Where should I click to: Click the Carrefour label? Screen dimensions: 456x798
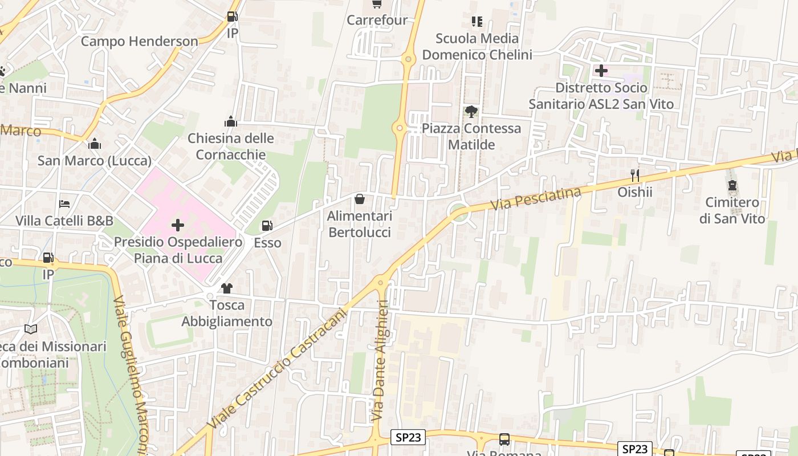pyautogui.click(x=377, y=20)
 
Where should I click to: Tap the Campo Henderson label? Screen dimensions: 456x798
pyautogui.click(x=139, y=41)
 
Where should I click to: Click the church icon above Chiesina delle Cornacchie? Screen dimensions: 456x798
pyautogui.click(x=231, y=121)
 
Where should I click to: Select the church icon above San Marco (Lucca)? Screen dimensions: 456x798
pyautogui.click(x=95, y=144)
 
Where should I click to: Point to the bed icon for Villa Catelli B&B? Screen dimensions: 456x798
pyautogui.click(x=64, y=203)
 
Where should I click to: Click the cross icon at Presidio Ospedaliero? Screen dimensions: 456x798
pyautogui.click(x=178, y=225)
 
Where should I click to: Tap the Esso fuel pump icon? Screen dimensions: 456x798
pyautogui.click(x=267, y=226)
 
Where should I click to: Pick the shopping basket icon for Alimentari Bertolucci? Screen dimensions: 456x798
pyautogui.click(x=360, y=199)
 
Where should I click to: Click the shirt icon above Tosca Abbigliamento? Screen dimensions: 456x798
pyautogui.click(x=227, y=288)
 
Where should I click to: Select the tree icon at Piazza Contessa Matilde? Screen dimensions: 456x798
pyautogui.click(x=471, y=112)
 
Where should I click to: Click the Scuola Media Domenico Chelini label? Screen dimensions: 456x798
pyautogui.click(x=477, y=47)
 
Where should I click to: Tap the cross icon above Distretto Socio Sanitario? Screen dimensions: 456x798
pyautogui.click(x=601, y=71)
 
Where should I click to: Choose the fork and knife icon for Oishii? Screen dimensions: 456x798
pyautogui.click(x=634, y=175)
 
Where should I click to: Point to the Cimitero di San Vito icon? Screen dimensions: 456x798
pyautogui.click(x=732, y=185)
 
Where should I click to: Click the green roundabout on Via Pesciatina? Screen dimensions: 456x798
pyautogui.click(x=459, y=213)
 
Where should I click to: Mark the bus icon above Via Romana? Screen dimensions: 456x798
pyautogui.click(x=504, y=439)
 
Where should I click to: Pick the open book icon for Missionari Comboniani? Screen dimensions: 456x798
pyautogui.click(x=31, y=329)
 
